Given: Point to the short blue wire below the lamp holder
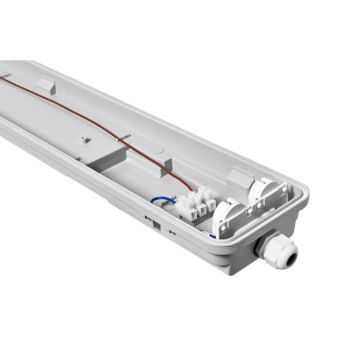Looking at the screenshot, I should tap(216, 233).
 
